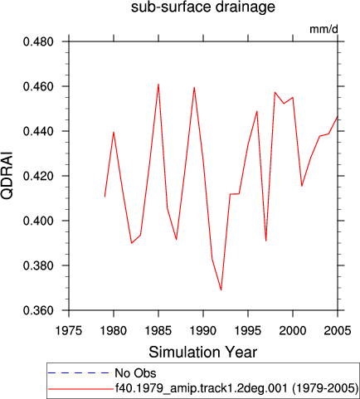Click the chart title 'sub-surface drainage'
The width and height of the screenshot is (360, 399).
click(203, 7)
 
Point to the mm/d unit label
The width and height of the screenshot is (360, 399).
click(324, 29)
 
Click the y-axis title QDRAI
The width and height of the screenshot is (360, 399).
click(7, 175)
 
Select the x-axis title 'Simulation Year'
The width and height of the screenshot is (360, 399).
click(203, 353)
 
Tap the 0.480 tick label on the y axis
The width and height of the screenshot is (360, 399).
click(38, 41)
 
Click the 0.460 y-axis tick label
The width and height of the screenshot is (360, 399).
click(38, 86)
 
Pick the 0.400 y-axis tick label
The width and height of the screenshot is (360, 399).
click(38, 221)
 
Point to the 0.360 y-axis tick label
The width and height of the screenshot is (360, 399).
click(38, 310)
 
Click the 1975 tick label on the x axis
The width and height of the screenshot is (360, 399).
click(69, 330)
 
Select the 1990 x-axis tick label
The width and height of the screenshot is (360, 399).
click(203, 330)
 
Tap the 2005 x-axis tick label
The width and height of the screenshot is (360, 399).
click(338, 330)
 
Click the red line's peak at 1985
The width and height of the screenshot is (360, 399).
click(158, 84)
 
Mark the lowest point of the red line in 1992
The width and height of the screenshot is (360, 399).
click(221, 290)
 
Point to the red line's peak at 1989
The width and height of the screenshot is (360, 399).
click(194, 87)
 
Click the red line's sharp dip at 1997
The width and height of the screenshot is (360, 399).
click(266, 241)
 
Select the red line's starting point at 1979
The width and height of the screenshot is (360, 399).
click(105, 197)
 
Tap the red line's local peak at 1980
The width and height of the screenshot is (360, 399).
click(114, 132)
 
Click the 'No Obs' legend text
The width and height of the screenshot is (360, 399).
click(135, 373)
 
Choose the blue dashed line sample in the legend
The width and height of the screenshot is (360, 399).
click(79, 373)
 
